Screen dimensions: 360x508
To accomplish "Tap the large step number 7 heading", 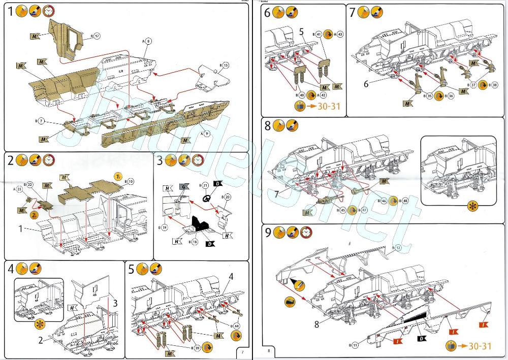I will click(x=355, y=13).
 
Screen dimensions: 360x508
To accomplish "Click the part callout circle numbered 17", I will click(x=97, y=36).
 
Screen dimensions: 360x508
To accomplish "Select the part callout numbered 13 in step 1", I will click(x=226, y=65).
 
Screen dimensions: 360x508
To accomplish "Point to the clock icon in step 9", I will click(x=305, y=233).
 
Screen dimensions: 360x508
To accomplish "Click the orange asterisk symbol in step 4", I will click(x=38, y=323).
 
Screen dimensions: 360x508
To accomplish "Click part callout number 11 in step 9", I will click(x=356, y=346).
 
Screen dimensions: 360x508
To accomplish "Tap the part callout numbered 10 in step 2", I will click(x=130, y=181).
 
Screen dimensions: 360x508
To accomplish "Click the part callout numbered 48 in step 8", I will click(x=405, y=201).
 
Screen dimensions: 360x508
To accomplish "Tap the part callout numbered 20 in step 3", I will click(x=227, y=197).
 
